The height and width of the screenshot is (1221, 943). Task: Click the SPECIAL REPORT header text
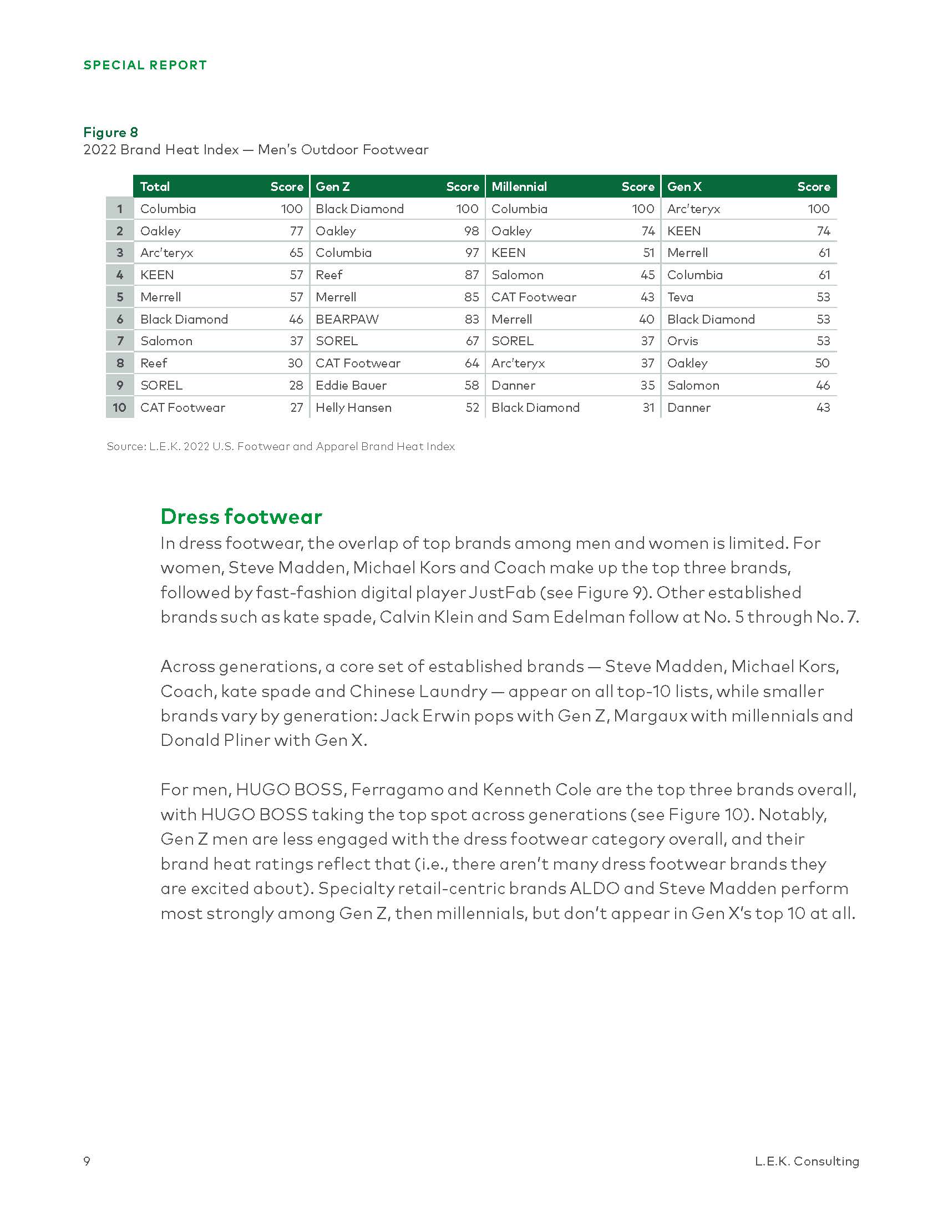pyautogui.click(x=145, y=65)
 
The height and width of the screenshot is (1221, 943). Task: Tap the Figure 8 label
pyautogui.click(x=110, y=133)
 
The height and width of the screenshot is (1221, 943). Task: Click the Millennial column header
pyautogui.click(x=519, y=186)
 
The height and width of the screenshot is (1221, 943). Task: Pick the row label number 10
pyautogui.click(x=120, y=407)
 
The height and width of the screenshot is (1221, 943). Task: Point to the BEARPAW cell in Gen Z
pyautogui.click(x=347, y=319)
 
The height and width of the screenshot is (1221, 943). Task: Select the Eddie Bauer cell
pyautogui.click(x=351, y=385)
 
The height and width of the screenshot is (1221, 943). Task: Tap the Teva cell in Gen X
pyautogui.click(x=680, y=297)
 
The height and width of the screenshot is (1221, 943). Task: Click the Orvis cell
pyautogui.click(x=683, y=341)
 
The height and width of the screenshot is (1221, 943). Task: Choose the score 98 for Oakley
pyautogui.click(x=471, y=231)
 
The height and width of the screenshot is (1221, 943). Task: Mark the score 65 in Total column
pyautogui.click(x=296, y=253)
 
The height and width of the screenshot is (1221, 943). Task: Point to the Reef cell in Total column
pyautogui.click(x=154, y=364)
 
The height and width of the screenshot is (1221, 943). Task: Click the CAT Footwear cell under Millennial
pyautogui.click(x=534, y=297)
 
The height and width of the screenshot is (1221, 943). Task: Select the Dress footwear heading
pyautogui.click(x=241, y=517)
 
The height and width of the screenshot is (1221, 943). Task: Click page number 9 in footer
pyautogui.click(x=87, y=1161)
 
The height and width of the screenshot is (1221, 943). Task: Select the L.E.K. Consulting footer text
pyautogui.click(x=807, y=1161)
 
